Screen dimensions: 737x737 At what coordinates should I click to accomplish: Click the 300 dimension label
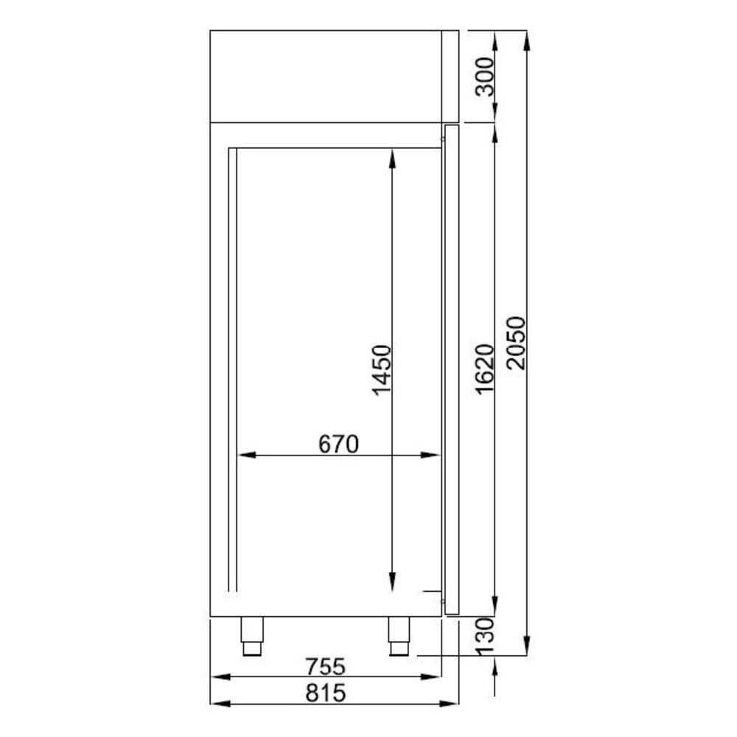pyautogui.click(x=484, y=76)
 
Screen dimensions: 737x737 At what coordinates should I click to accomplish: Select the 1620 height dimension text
pyautogui.click(x=484, y=368)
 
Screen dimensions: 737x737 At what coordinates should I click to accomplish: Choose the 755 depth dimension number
pyautogui.click(x=325, y=666)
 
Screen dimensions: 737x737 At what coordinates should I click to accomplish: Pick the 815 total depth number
pyautogui.click(x=325, y=693)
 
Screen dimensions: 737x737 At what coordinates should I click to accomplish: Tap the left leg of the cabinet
pyautogui.click(x=252, y=638)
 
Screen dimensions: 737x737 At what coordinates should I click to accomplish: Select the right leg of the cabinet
pyautogui.click(x=399, y=638)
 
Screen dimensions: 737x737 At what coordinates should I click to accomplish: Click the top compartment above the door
pyautogui.click(x=325, y=76)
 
